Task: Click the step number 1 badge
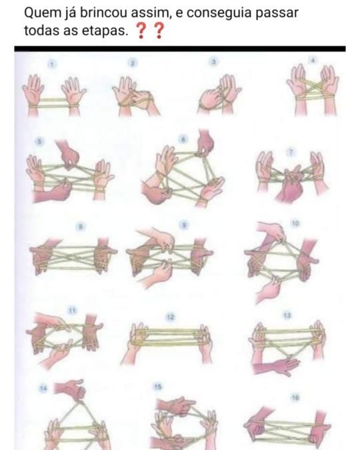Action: pos(52,64)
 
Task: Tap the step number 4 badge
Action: pos(313,60)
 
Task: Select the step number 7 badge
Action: pos(291,153)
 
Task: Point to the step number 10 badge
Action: pos(296,223)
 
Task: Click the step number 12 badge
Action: pos(170,317)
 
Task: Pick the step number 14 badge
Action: pos(43,389)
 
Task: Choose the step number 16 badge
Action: pos(295,398)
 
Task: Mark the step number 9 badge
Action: pos(184,225)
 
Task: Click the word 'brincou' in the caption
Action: pos(103,13)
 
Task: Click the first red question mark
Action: pos(141,31)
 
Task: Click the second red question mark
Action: pos(159,31)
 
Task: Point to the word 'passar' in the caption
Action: pos(277,13)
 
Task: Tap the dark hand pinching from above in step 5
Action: pos(68,153)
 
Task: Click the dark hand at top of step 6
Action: pos(206,141)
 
